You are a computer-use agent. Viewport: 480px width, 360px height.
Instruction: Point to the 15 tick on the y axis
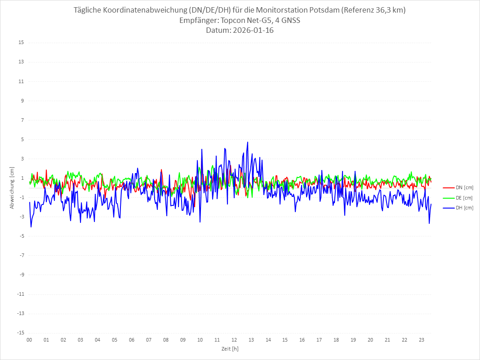click(21, 43)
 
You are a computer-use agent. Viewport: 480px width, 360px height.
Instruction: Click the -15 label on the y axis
click(20, 333)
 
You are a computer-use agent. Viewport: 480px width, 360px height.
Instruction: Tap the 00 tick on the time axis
click(29, 340)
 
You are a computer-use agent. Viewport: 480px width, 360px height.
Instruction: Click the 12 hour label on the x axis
click(234, 340)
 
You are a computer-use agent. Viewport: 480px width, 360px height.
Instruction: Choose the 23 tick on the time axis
click(422, 340)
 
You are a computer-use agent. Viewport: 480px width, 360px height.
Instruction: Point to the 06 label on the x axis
click(132, 340)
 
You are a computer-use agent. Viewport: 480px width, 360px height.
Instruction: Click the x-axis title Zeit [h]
click(230, 349)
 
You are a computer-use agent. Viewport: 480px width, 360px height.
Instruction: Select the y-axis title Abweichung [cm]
click(12, 187)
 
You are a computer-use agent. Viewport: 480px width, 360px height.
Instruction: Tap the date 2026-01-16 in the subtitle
click(252, 31)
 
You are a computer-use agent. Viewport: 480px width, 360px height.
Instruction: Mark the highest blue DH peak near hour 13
click(248, 142)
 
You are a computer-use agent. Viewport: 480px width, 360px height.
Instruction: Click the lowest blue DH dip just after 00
click(31, 227)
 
